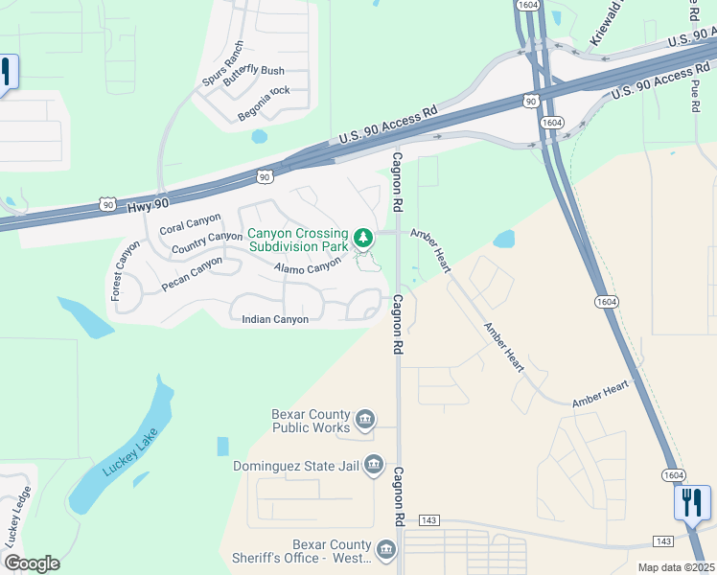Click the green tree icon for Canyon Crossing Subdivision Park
(362, 237)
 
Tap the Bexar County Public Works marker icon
(364, 419)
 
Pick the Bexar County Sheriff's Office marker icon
(385, 549)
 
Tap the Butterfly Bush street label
(253, 78)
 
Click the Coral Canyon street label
(190, 224)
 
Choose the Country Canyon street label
(207, 243)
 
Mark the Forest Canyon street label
(127, 269)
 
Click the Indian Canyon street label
(275, 319)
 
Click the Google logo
(32, 563)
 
